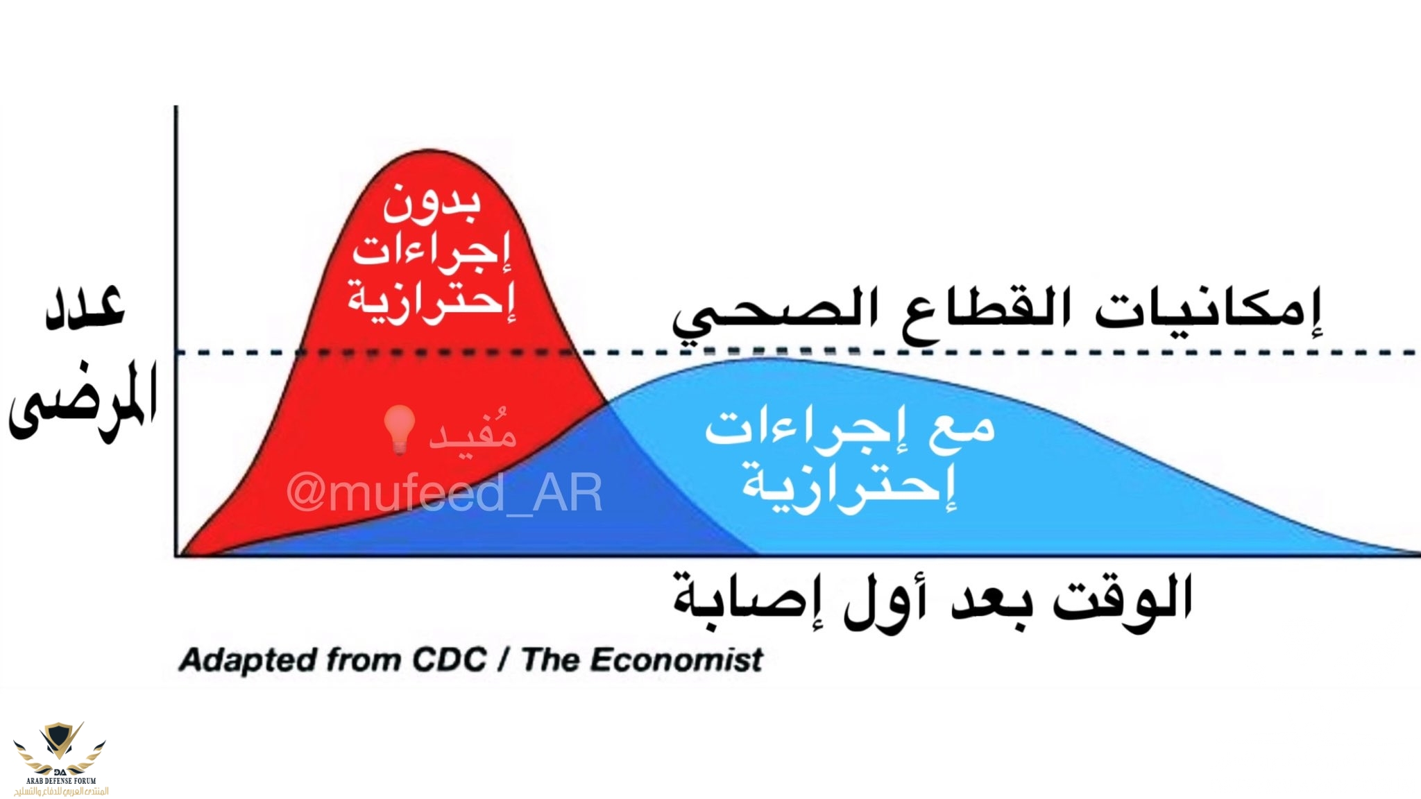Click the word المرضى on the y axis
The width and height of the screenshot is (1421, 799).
(x=83, y=402)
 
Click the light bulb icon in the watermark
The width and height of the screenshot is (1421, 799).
(x=400, y=430)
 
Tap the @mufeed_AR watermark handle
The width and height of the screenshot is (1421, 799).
(x=444, y=493)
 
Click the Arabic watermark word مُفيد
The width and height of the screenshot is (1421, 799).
(x=472, y=431)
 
